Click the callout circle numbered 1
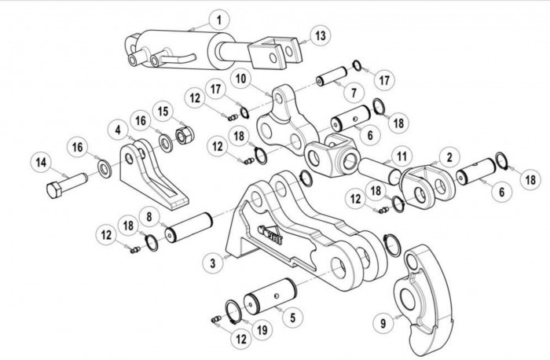219,20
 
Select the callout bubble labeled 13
321,36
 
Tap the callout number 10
241,79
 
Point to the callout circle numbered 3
213,263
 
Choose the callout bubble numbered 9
383,322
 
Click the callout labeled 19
262,329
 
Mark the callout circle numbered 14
41,163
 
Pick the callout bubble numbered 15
163,112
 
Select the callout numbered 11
401,156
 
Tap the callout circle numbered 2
449,157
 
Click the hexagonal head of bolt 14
54,190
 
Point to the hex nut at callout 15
185,135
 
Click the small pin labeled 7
332,77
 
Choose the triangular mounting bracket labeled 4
154,174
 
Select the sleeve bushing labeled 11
379,171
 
